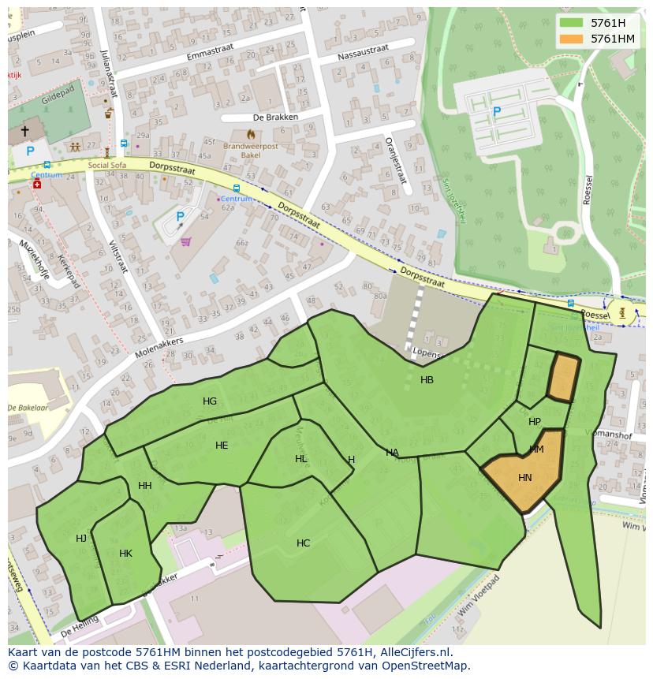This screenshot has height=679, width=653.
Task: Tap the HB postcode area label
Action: tap(427, 380)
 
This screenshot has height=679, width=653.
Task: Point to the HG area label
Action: tap(209, 401)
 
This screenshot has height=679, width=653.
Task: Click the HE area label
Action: tap(222, 446)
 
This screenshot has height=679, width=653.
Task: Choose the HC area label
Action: tap(303, 543)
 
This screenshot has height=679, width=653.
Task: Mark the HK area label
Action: tap(125, 554)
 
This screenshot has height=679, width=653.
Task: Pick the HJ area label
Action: tap(81, 539)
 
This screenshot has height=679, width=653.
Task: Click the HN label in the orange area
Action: tap(525, 478)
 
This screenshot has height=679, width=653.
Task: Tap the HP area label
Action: tap(535, 422)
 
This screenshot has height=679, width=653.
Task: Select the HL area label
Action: tap(301, 459)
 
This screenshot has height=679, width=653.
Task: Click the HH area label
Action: tap(144, 486)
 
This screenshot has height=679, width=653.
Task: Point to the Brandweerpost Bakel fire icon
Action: tap(251, 135)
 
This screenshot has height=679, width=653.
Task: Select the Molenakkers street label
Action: tap(159, 348)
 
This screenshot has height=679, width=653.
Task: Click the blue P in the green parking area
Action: tap(496, 112)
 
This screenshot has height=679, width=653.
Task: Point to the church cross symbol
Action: tap(24, 131)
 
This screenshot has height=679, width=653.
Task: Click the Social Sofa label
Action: tap(107, 166)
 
